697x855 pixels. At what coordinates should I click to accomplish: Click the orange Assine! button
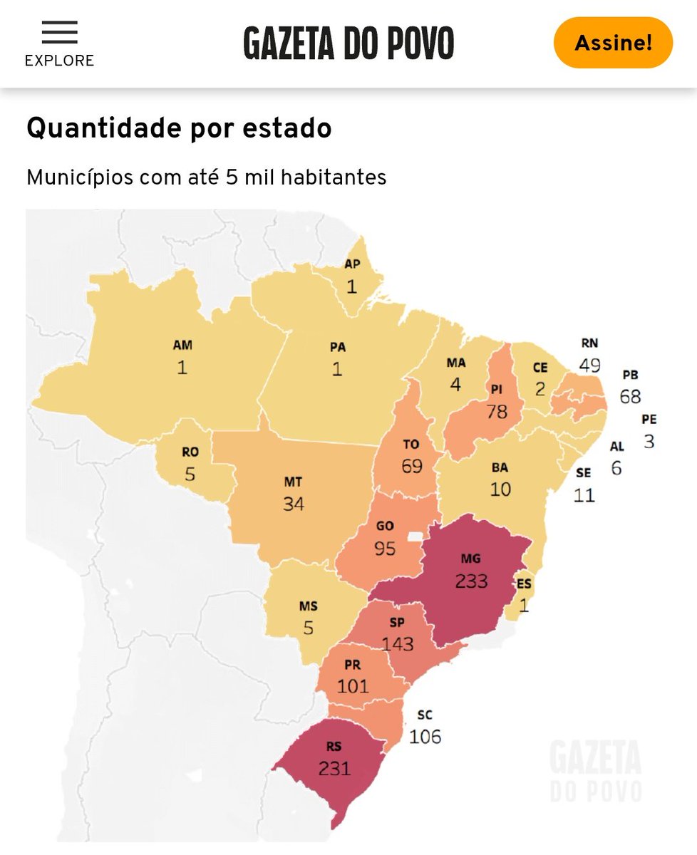(613, 43)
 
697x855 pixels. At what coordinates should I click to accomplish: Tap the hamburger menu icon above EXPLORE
(59, 33)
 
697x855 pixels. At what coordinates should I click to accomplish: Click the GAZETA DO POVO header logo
(348, 43)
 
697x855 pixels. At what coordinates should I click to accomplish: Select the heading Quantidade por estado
(179, 128)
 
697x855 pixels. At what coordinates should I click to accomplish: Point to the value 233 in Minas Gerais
(471, 581)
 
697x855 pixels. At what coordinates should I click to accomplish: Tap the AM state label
(182, 346)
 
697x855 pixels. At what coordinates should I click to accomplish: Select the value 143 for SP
(397, 643)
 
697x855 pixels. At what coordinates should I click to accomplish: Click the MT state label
(293, 482)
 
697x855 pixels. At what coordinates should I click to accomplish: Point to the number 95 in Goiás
(385, 549)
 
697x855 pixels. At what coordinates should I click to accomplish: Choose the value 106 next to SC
(425, 736)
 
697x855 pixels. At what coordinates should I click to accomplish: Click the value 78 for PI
(497, 411)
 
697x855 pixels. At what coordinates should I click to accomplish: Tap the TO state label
(411, 445)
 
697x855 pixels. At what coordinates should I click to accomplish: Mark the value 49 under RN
(589, 366)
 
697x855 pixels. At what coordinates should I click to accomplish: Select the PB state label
(630, 375)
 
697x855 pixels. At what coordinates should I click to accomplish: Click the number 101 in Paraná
(353, 685)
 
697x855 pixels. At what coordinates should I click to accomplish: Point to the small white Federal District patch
(415, 536)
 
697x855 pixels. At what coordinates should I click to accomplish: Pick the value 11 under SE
(584, 494)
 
